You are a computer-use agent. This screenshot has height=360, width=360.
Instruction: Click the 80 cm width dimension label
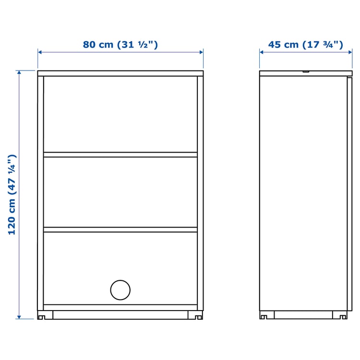[120, 45]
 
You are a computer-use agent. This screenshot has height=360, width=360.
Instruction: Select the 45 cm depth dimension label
[305, 45]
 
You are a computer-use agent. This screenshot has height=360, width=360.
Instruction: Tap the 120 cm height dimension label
[12, 194]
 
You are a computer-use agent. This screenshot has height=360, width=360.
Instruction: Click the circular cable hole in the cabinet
[120, 290]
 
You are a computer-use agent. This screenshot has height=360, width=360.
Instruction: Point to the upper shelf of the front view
[120, 155]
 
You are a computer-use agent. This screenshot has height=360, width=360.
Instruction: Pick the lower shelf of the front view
[120, 229]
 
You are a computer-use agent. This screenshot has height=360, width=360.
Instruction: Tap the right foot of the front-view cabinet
[197, 315]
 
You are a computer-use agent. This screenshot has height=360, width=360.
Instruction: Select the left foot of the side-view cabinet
[264, 315]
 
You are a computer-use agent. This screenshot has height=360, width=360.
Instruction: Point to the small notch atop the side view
[305, 72]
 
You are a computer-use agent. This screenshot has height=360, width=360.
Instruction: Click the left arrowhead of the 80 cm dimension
[40, 52]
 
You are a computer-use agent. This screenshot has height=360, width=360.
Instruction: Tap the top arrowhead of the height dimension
[19, 73]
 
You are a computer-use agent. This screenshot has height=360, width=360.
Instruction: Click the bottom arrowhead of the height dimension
[19, 316]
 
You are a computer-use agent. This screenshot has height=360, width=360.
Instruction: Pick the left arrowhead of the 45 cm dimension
[262, 52]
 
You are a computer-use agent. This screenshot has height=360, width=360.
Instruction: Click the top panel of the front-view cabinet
[120, 73]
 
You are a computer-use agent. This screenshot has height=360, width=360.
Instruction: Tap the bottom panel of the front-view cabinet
[120, 307]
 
